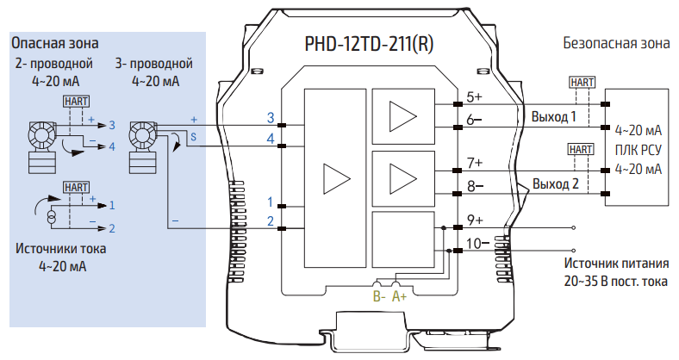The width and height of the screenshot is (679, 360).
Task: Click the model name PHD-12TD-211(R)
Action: (370, 44)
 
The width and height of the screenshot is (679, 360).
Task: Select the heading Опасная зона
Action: (54, 42)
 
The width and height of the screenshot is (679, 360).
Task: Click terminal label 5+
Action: (475, 96)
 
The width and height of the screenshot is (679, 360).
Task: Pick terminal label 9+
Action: (475, 220)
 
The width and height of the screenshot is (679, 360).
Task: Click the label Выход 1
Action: (554, 116)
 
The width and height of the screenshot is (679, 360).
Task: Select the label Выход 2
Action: (554, 183)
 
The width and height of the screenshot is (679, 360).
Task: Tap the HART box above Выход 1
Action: (582, 83)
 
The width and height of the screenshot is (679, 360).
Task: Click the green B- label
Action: (378, 296)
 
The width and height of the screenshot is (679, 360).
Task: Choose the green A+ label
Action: (400, 296)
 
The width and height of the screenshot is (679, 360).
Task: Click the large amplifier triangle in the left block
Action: (331, 177)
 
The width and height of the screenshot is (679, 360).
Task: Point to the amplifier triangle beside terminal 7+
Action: (401, 177)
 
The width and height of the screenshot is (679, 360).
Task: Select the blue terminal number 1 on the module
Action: (271, 202)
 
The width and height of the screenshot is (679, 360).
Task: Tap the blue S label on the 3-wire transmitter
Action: (193, 136)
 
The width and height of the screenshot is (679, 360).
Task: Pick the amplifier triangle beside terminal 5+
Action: (401, 115)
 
